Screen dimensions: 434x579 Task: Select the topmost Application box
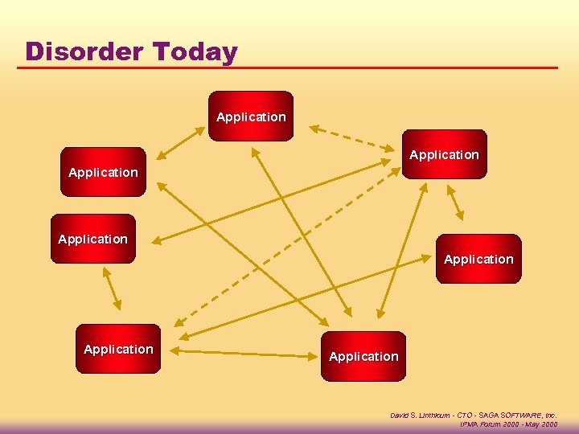[x=251, y=117]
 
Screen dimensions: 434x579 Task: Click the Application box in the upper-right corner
[x=444, y=154]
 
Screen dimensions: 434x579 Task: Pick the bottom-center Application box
[x=363, y=356]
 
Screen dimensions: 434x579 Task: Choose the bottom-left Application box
[x=118, y=349]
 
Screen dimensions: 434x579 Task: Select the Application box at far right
[x=478, y=259]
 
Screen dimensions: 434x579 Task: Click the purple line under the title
[x=289, y=68]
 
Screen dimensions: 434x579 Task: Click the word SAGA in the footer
[x=486, y=416]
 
